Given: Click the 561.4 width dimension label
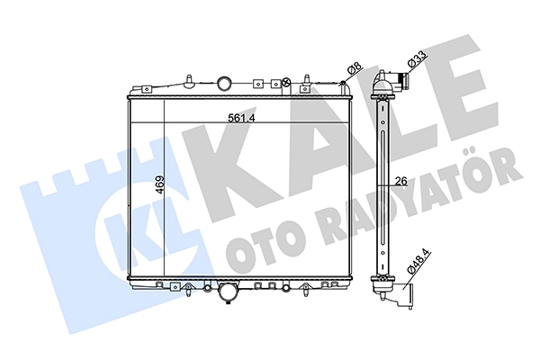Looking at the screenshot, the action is point(241,118).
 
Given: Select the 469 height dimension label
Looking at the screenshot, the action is point(160,185).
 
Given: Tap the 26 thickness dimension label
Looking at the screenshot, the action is point(401,180).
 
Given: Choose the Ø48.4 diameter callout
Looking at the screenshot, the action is point(419,263).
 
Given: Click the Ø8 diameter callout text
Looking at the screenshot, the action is point(355,68).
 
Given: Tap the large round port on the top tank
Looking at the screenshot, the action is point(224,83).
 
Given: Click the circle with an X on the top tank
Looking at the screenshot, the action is point(285,82).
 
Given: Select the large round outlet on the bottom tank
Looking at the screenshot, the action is point(228,293).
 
